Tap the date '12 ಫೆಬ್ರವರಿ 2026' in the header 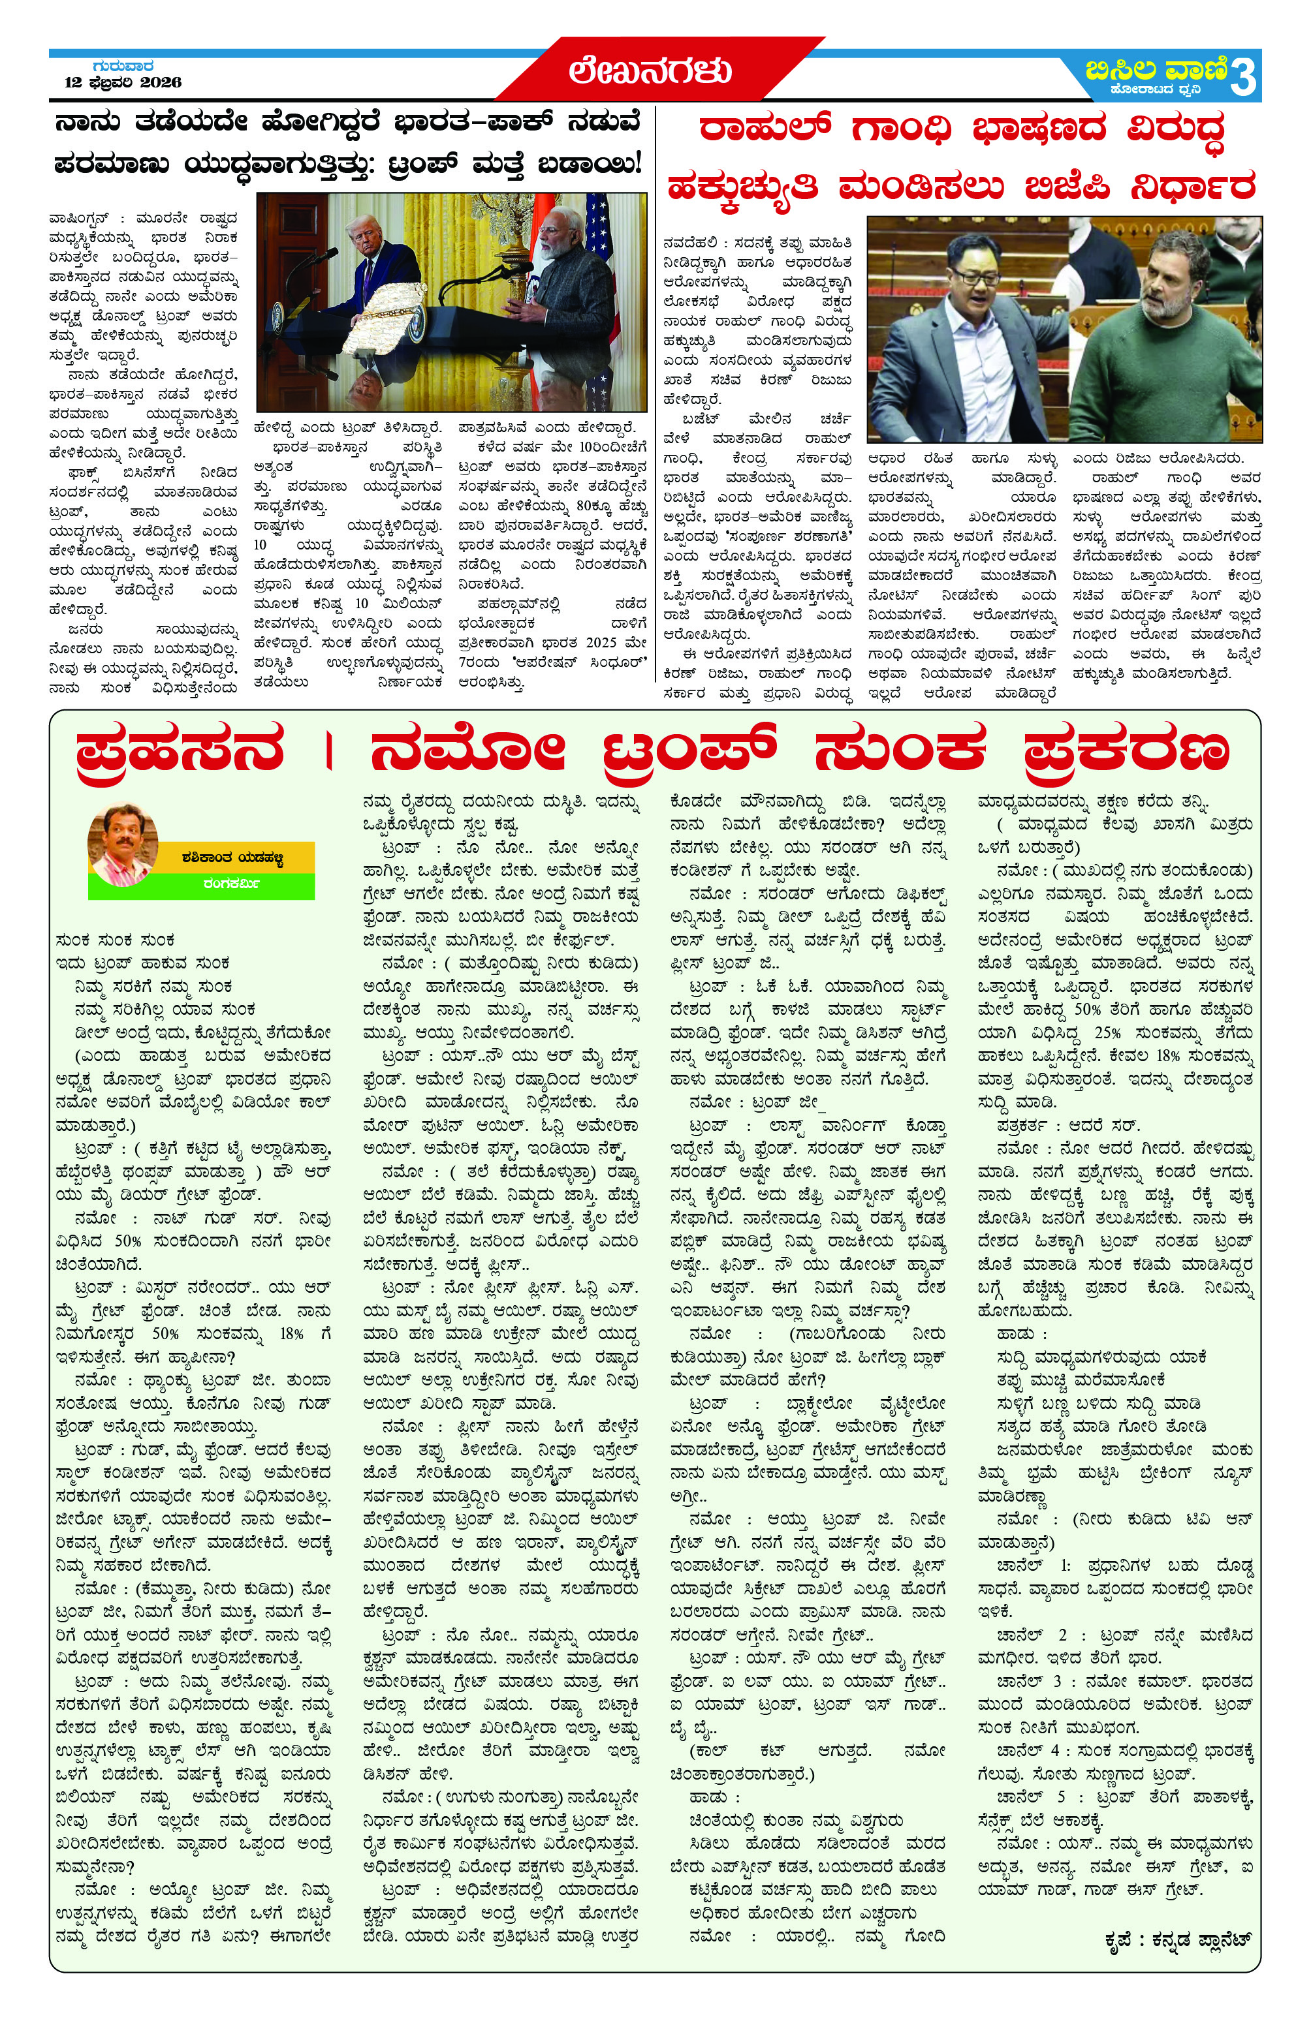point(123,82)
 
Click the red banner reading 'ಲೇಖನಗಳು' point(650,70)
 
